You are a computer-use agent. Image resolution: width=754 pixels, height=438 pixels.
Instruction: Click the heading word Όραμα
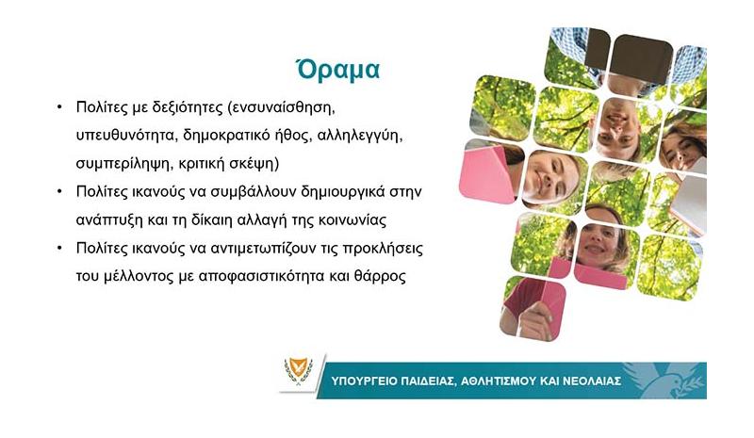pyautogui.click(x=337, y=70)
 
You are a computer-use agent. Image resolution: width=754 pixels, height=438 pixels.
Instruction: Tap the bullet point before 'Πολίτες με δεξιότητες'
pyautogui.click(x=59, y=107)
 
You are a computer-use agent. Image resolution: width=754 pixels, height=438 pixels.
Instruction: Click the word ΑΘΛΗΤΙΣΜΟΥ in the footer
pyautogui.click(x=498, y=381)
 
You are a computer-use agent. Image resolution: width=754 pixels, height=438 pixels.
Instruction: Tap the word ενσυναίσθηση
pyautogui.click(x=282, y=107)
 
